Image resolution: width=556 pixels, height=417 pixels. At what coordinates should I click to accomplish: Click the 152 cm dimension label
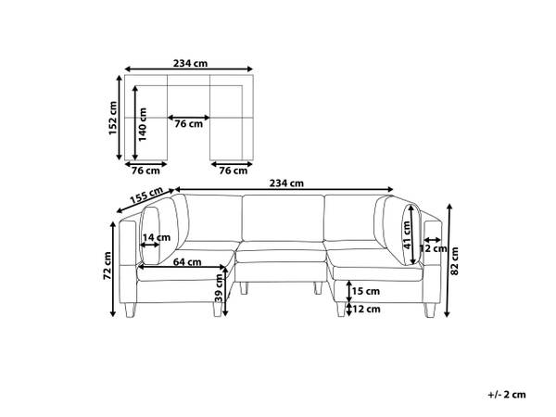coord(113,118)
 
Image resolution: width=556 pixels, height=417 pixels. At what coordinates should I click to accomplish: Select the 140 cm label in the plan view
coord(142,124)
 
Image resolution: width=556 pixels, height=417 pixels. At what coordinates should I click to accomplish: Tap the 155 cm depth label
coord(146,195)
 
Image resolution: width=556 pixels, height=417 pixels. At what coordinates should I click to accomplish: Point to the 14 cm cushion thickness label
coord(157,237)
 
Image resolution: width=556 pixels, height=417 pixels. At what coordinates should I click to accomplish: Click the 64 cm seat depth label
coord(187,262)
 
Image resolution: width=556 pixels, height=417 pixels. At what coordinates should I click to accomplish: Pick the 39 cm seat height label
coord(219,288)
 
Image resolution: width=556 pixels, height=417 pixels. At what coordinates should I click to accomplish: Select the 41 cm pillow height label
coord(407,234)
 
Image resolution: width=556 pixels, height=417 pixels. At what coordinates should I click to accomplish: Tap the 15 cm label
coord(366,291)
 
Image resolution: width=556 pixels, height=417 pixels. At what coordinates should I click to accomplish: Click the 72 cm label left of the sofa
coord(107,266)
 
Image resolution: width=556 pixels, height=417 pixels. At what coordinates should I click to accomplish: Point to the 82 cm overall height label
coord(454,261)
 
